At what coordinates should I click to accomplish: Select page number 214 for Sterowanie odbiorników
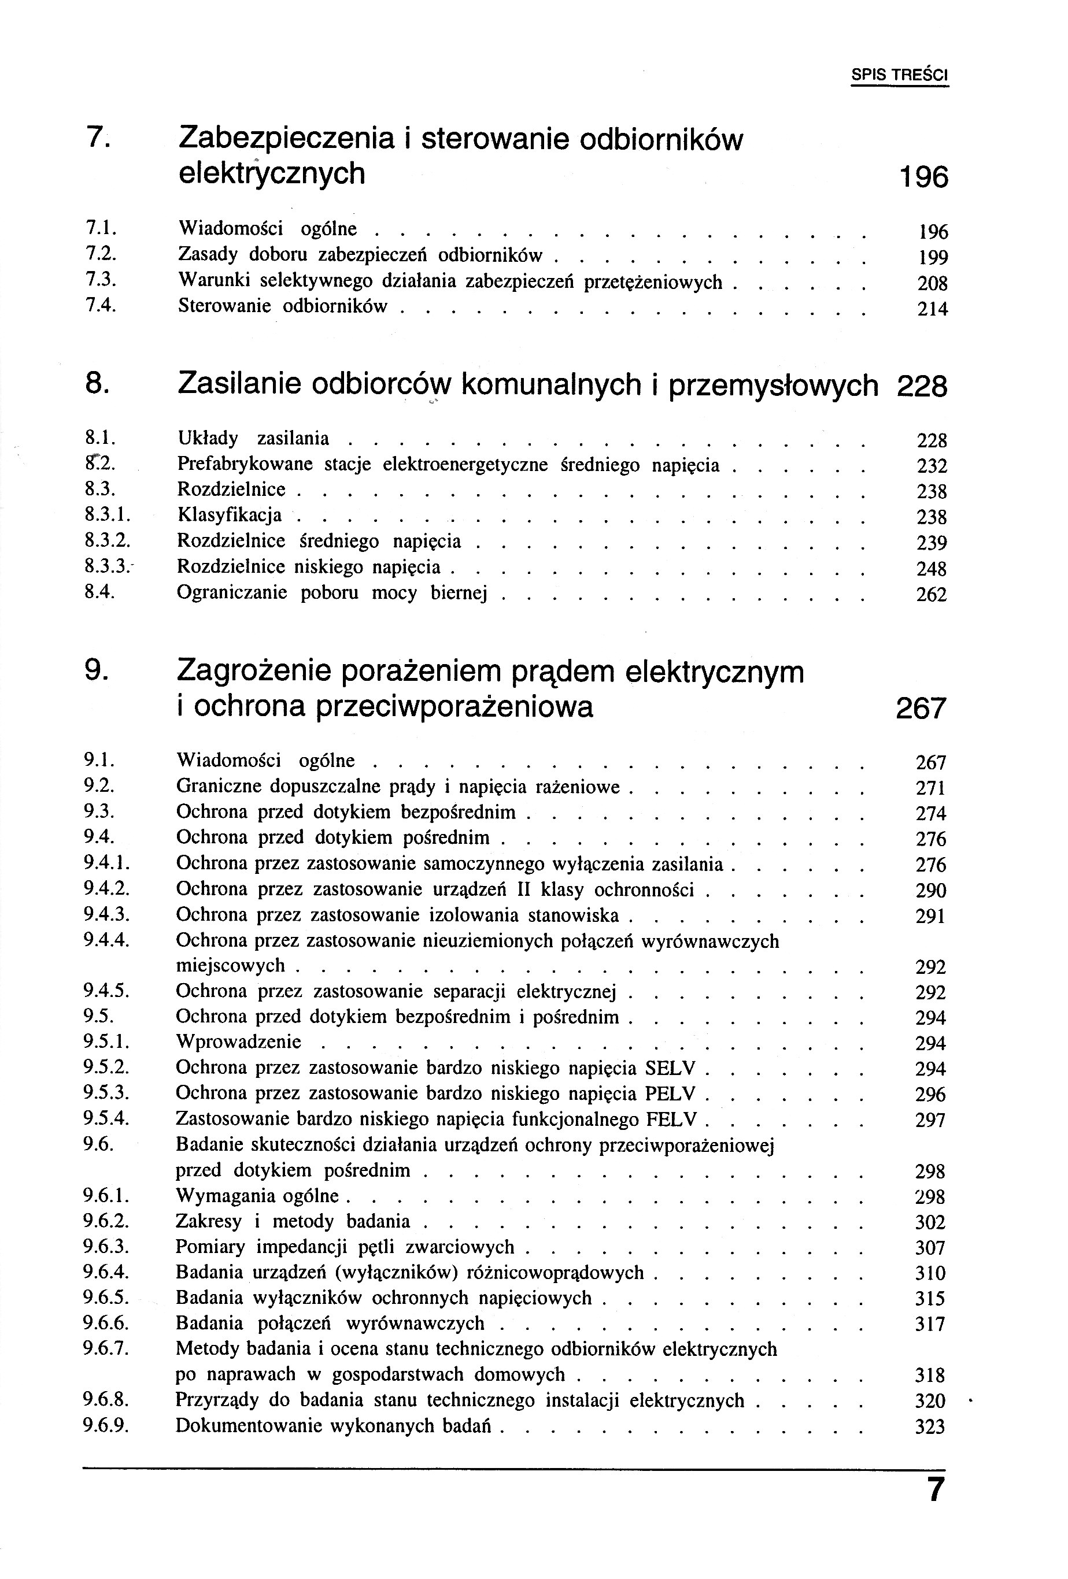(x=932, y=309)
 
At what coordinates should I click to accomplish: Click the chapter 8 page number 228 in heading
(x=921, y=387)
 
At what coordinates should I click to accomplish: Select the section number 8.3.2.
(x=107, y=541)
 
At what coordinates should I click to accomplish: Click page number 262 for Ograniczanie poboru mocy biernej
(x=931, y=595)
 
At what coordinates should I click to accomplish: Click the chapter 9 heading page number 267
(x=921, y=709)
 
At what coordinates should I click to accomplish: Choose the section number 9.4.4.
(x=107, y=940)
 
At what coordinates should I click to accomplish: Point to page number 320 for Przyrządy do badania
(x=930, y=1401)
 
